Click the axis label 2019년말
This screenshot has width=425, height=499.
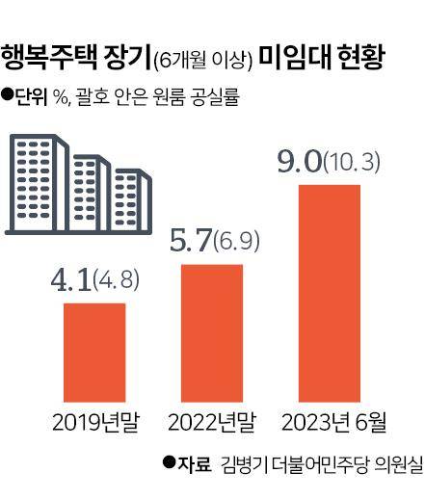click(x=94, y=421)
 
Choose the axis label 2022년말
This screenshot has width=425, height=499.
click(x=213, y=421)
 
